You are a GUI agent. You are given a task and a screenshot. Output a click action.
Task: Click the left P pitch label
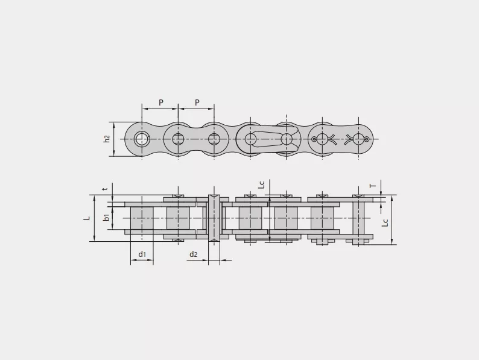point(161,103)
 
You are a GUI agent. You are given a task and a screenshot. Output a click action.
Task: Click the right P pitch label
point(197,103)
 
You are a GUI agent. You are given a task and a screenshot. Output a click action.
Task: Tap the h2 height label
point(106,139)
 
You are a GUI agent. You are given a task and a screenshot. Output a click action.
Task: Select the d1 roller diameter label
point(142,254)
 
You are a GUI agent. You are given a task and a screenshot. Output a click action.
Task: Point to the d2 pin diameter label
point(194,254)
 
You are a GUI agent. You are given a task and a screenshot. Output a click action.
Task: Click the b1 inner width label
point(106,218)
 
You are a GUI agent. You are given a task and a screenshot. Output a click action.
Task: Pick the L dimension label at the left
point(87,218)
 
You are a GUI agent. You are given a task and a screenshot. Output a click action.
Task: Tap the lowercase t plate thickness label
point(106,189)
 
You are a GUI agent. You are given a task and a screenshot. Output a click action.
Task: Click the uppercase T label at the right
point(373,186)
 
